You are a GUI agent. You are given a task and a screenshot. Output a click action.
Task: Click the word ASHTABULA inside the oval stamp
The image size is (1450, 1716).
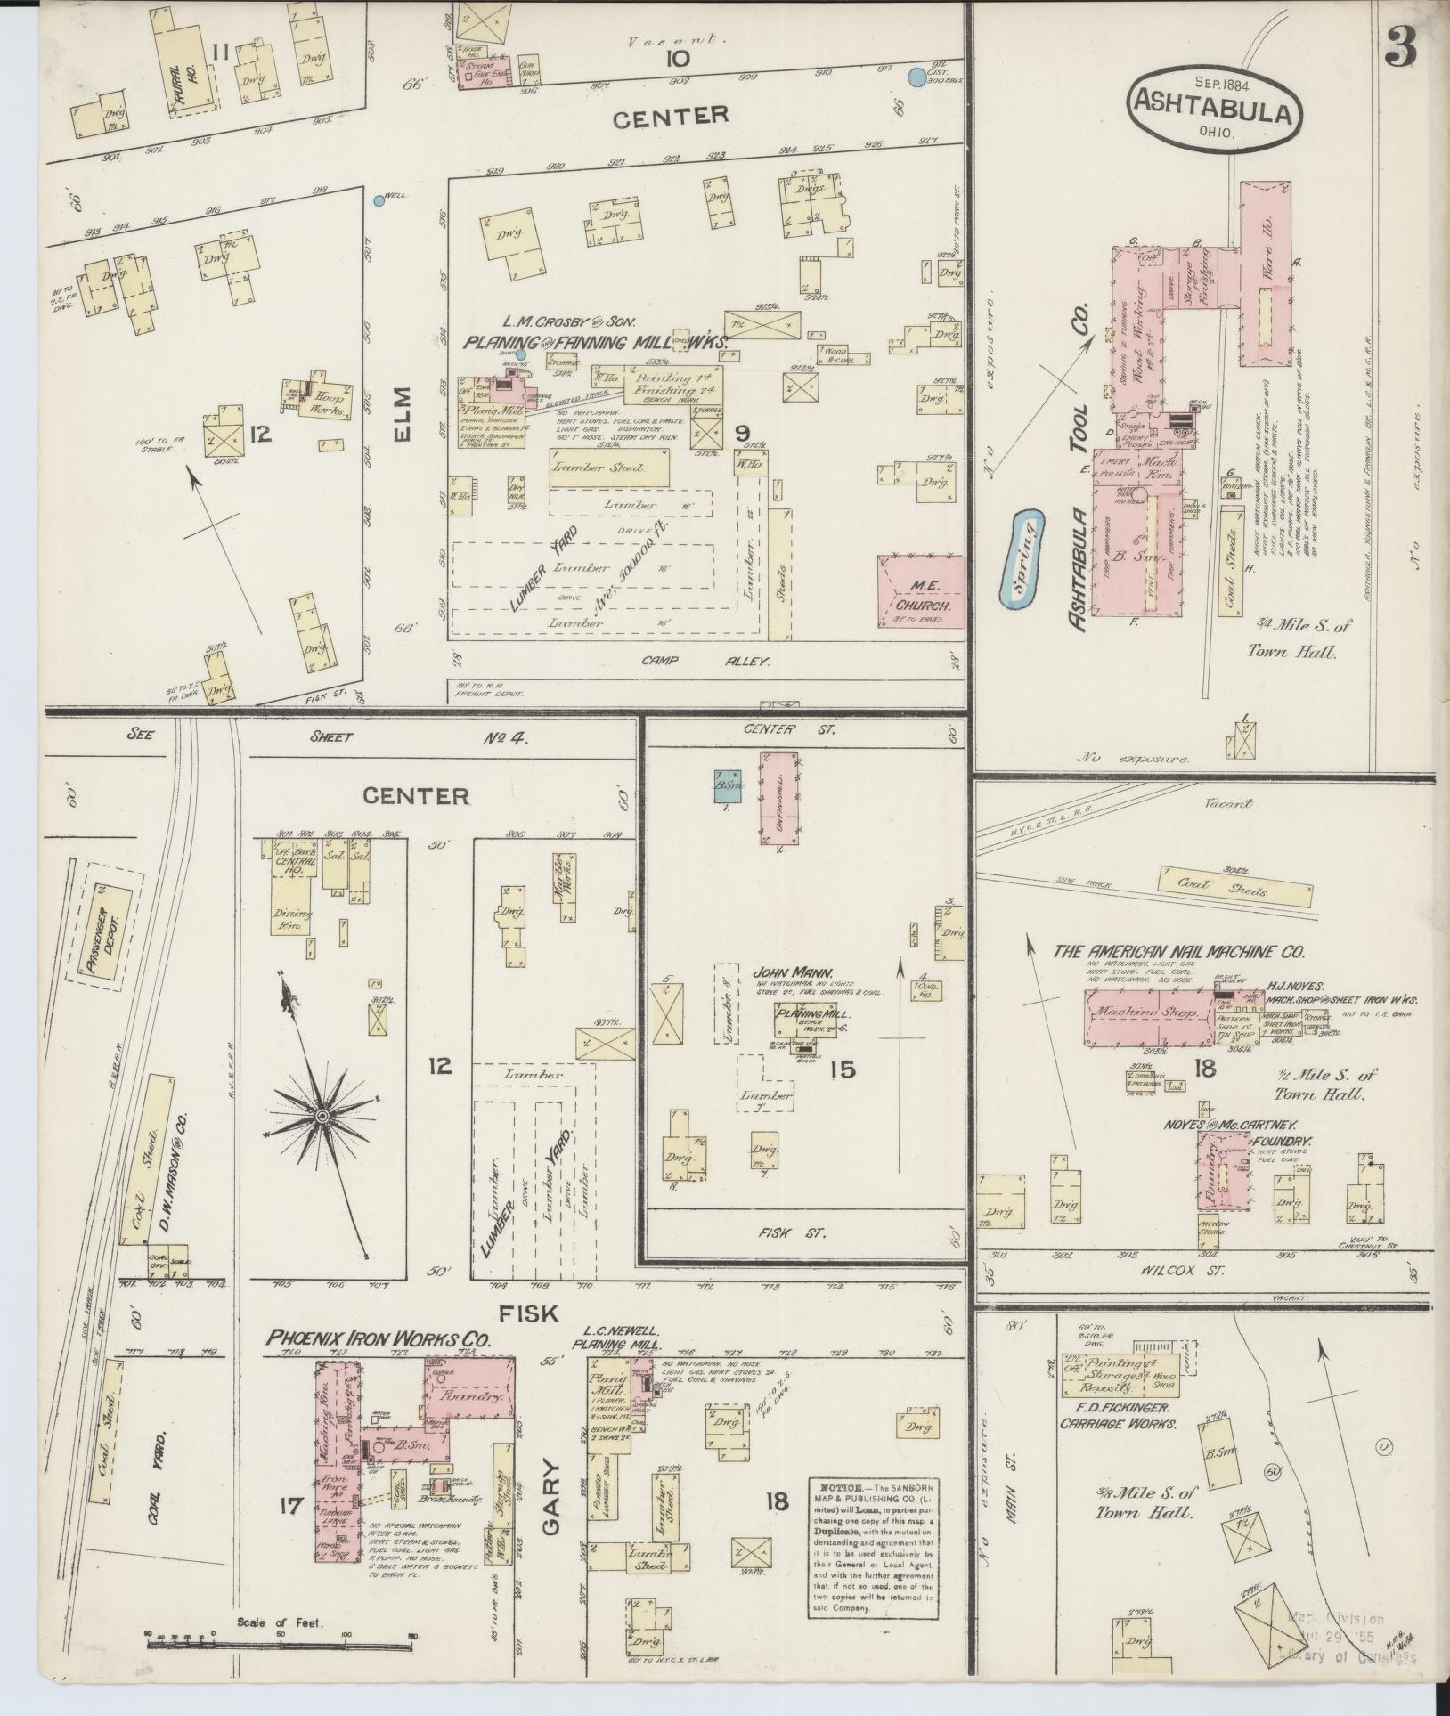coord(1212,113)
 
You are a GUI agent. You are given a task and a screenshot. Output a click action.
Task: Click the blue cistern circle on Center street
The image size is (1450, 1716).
coord(915,78)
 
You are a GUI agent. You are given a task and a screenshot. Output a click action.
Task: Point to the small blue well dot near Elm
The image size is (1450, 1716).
coord(379,201)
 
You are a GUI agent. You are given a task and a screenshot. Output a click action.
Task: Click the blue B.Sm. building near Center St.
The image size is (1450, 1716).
coord(728,785)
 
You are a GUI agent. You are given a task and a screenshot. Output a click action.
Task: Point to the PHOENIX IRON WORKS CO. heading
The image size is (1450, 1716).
coord(379,1338)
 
